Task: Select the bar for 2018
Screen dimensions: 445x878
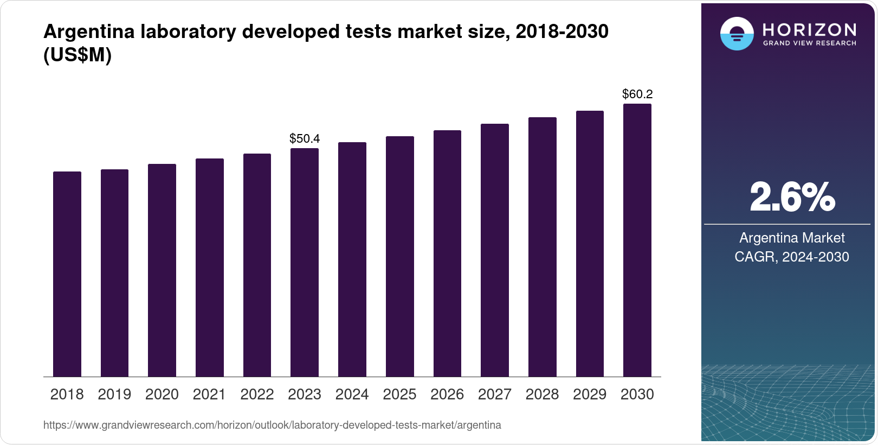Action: click(67, 274)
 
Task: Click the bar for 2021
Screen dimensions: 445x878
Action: click(210, 268)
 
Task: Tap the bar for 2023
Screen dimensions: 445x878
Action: click(305, 262)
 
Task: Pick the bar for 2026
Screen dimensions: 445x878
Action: click(447, 253)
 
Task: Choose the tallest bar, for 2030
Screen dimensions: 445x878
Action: click(637, 240)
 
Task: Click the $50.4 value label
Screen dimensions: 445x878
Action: click(305, 139)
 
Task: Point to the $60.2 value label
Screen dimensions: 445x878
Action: click(637, 94)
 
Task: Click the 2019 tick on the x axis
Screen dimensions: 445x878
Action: click(114, 395)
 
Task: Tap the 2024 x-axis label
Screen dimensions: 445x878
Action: click(352, 395)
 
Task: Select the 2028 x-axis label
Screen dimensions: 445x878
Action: click(542, 395)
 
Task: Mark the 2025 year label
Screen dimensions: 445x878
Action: click(399, 395)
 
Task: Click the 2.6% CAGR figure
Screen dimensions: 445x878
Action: click(792, 198)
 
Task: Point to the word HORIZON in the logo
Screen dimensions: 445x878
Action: click(809, 29)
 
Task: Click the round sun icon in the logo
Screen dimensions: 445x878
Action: click(737, 34)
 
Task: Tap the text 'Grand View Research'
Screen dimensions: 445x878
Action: click(809, 43)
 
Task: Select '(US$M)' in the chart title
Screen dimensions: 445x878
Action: click(77, 55)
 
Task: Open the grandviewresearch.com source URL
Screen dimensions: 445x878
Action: click(272, 425)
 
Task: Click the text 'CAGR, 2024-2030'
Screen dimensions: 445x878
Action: click(792, 257)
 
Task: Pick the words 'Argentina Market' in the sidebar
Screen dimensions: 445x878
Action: click(792, 238)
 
